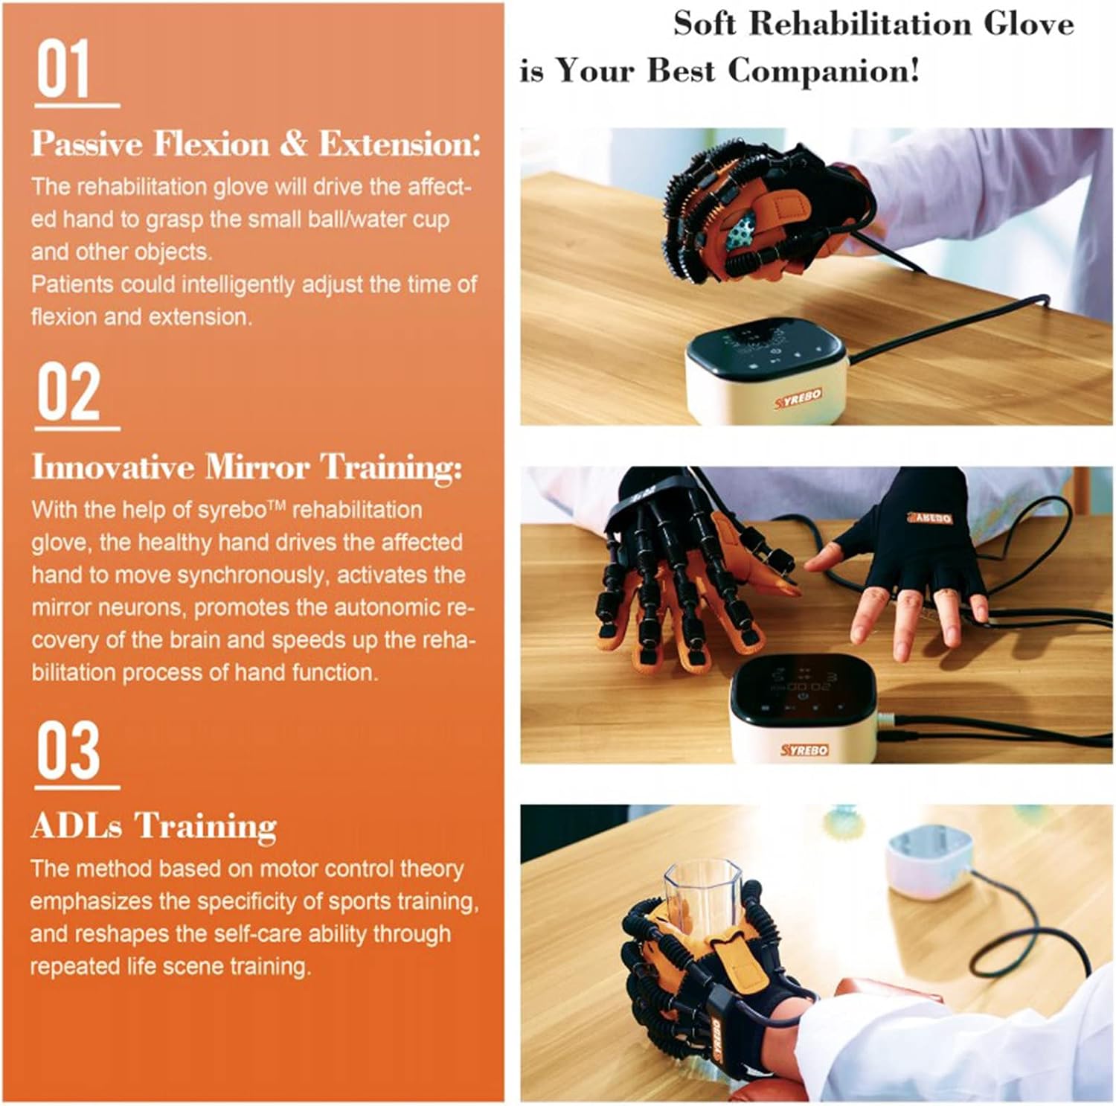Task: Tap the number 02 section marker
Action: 68,392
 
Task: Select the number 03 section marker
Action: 68,749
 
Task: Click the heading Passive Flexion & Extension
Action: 255,144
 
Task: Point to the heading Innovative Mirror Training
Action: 246,467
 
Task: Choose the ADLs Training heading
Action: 154,825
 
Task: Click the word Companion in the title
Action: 824,71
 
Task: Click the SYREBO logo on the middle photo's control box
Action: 804,749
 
